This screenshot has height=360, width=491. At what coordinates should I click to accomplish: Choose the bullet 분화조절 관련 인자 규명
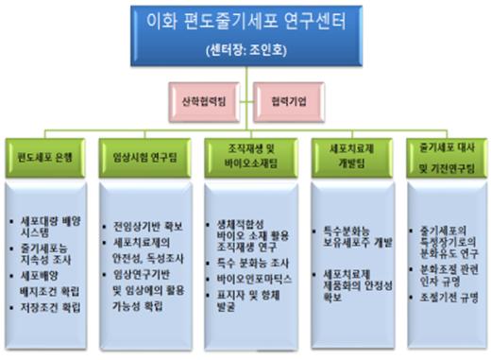(x=447, y=274)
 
